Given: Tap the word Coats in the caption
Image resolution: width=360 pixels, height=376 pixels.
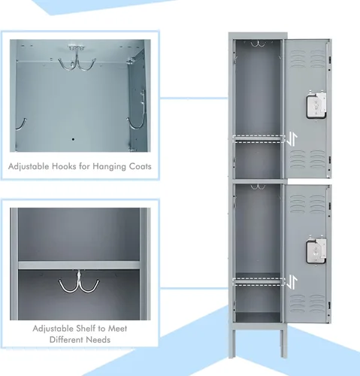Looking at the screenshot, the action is [140, 166].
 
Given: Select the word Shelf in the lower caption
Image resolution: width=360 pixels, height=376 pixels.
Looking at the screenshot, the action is [86, 329].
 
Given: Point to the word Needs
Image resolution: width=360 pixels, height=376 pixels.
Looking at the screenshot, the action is [98, 340].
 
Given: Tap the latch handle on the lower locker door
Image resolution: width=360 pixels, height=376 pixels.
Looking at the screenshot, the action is [316, 250].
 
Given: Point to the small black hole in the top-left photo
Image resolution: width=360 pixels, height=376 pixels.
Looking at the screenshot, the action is [73, 139].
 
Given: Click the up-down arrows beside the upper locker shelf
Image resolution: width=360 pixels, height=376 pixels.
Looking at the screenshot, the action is [292, 139].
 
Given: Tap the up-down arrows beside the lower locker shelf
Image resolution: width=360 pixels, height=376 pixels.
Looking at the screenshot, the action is [292, 282].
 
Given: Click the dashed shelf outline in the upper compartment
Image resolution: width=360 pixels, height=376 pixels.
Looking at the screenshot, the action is [259, 139].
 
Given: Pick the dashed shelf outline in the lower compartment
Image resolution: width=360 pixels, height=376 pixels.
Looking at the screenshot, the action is [259, 282].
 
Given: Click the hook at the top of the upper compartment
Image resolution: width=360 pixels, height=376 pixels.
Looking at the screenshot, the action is [258, 44].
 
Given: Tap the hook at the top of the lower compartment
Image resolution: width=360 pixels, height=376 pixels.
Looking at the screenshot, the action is [258, 186].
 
